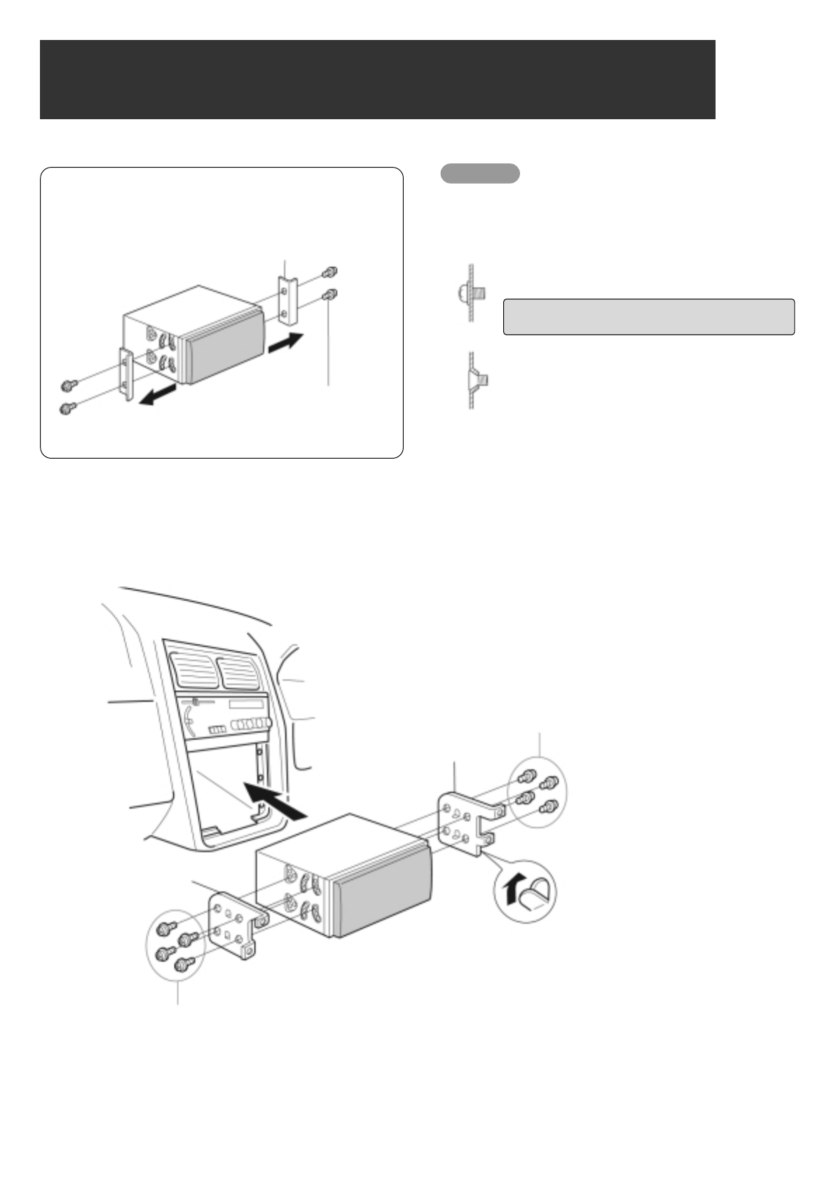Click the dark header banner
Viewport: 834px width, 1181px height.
coord(377,79)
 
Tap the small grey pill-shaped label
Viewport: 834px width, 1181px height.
coord(480,173)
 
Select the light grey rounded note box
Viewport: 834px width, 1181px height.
coord(648,317)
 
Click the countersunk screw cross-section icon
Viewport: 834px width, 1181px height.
coord(475,380)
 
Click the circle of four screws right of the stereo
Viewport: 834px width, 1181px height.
coord(537,792)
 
